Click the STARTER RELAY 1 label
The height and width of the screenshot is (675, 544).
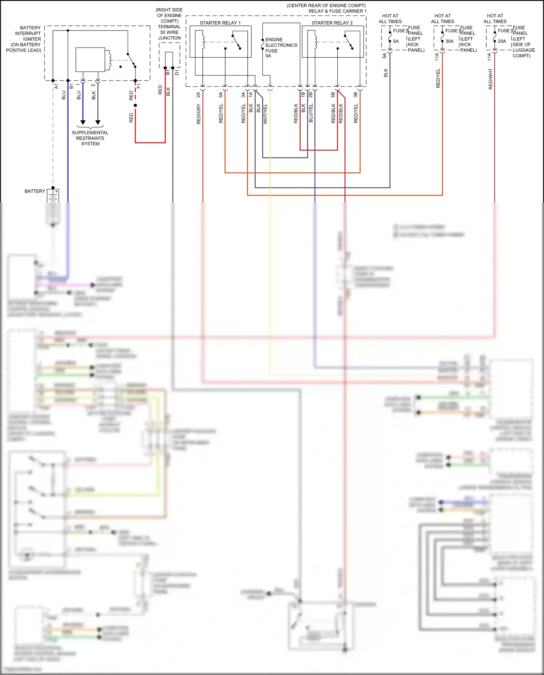[220, 23]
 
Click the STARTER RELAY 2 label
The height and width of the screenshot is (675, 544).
[332, 23]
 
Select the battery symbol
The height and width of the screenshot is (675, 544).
[53, 196]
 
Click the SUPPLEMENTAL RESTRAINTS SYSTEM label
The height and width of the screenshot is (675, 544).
[90, 138]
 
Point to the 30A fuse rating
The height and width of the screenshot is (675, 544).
[449, 41]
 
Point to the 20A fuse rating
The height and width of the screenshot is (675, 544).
[502, 41]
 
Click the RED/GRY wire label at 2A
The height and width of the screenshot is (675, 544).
[198, 114]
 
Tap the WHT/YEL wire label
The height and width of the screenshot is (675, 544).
[265, 114]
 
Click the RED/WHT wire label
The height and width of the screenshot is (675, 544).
[490, 79]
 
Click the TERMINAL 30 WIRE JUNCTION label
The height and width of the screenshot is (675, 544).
[169, 32]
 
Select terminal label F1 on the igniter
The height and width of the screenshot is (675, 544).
[139, 86]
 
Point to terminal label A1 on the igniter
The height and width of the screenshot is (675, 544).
[56, 86]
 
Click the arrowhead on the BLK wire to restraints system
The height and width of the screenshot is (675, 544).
[98, 123]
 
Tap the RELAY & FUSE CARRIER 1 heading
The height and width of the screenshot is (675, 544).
[337, 11]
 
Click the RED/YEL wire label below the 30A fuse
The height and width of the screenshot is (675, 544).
[438, 78]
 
